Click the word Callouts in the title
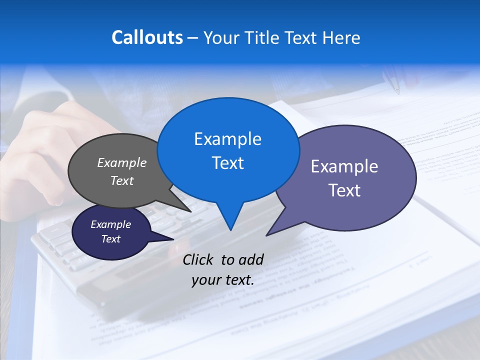(x=147, y=37)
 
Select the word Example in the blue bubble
(x=228, y=139)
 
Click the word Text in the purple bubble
(x=345, y=190)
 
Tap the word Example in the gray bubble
(x=122, y=162)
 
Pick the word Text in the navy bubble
(x=111, y=239)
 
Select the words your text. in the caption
(x=223, y=280)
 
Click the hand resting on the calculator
(x=55, y=150)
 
